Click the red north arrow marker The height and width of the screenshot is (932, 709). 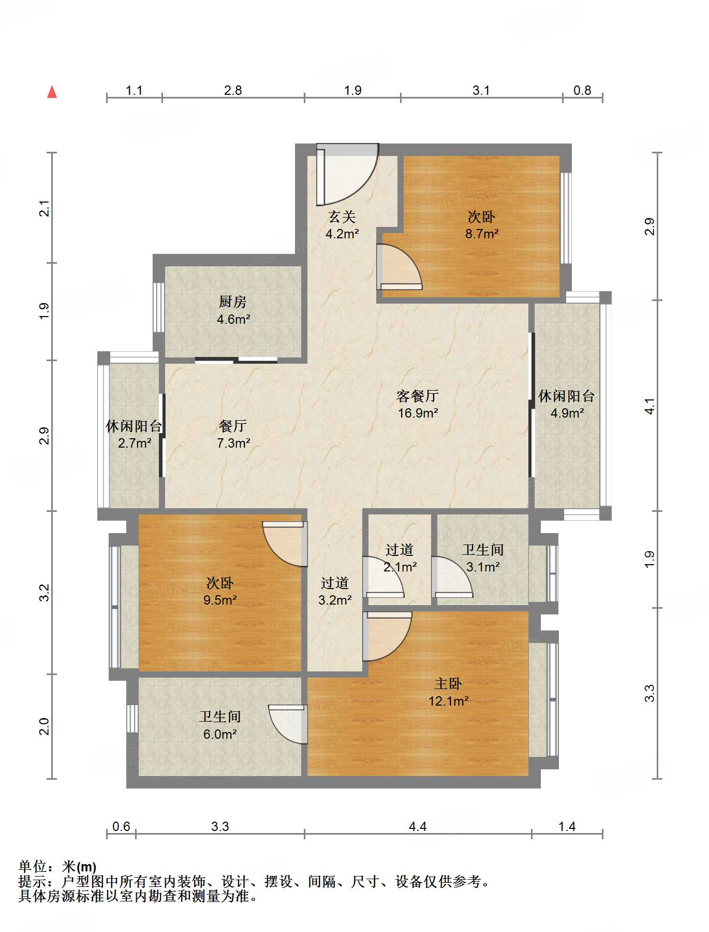[52, 92]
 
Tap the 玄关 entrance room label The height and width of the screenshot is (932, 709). [342, 217]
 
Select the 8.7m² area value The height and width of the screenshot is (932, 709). [482, 234]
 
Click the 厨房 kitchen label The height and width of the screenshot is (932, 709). [233, 302]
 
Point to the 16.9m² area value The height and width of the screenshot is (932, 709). [418, 413]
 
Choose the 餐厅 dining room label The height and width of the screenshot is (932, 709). [233, 426]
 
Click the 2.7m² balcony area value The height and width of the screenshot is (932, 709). [135, 443]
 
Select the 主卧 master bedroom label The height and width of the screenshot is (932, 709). [448, 683]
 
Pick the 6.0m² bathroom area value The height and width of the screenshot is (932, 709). [220, 734]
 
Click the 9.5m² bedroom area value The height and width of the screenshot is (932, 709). [220, 600]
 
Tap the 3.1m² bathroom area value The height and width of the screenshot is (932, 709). [483, 567]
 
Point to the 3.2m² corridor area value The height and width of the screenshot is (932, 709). [335, 600]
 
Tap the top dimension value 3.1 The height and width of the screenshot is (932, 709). [481, 90]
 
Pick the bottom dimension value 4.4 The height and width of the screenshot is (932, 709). [418, 826]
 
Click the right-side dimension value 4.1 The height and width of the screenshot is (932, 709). [649, 406]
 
